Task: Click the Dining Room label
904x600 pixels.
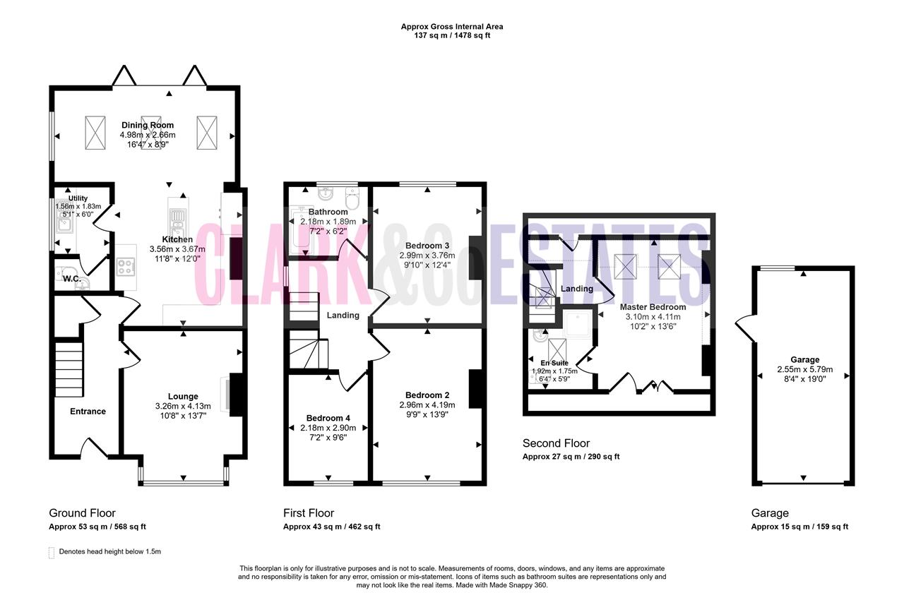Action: tap(148, 125)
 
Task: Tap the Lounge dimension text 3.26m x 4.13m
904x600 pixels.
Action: tap(183, 406)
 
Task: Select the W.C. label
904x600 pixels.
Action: tap(72, 279)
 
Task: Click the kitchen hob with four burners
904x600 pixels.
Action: tap(126, 267)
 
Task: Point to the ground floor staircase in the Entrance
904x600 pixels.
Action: tap(69, 369)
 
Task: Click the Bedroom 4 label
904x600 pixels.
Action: tap(328, 418)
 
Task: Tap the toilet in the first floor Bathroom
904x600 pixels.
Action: tap(352, 198)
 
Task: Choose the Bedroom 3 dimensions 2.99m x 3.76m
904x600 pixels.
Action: tap(427, 256)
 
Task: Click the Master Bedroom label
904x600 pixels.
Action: tap(653, 307)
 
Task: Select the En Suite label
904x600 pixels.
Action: tap(554, 363)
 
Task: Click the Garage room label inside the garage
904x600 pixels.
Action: tap(805, 360)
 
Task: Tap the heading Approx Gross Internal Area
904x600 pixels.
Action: tap(452, 27)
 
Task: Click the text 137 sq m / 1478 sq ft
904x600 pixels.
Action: tap(452, 35)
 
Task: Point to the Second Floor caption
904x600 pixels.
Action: tap(556, 443)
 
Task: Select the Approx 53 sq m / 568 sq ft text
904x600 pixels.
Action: tap(97, 527)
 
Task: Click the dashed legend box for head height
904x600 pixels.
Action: tap(52, 553)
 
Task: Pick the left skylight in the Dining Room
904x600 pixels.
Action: tap(95, 133)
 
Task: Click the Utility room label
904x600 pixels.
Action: tap(78, 198)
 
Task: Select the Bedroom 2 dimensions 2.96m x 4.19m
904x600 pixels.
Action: tap(427, 405)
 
